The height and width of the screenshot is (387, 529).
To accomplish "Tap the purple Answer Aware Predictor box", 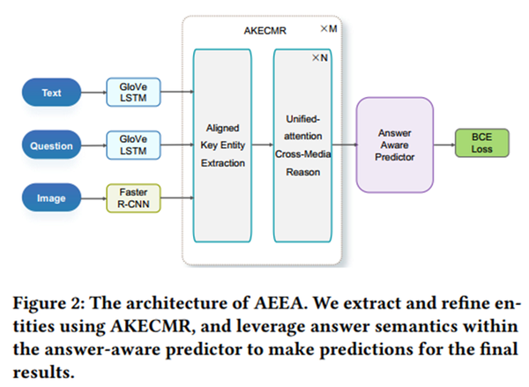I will click(394, 143).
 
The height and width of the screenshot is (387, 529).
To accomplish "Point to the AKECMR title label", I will click(262, 30).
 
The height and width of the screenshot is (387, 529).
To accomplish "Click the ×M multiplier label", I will click(328, 30).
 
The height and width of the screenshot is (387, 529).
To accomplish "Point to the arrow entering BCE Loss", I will click(444, 143).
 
